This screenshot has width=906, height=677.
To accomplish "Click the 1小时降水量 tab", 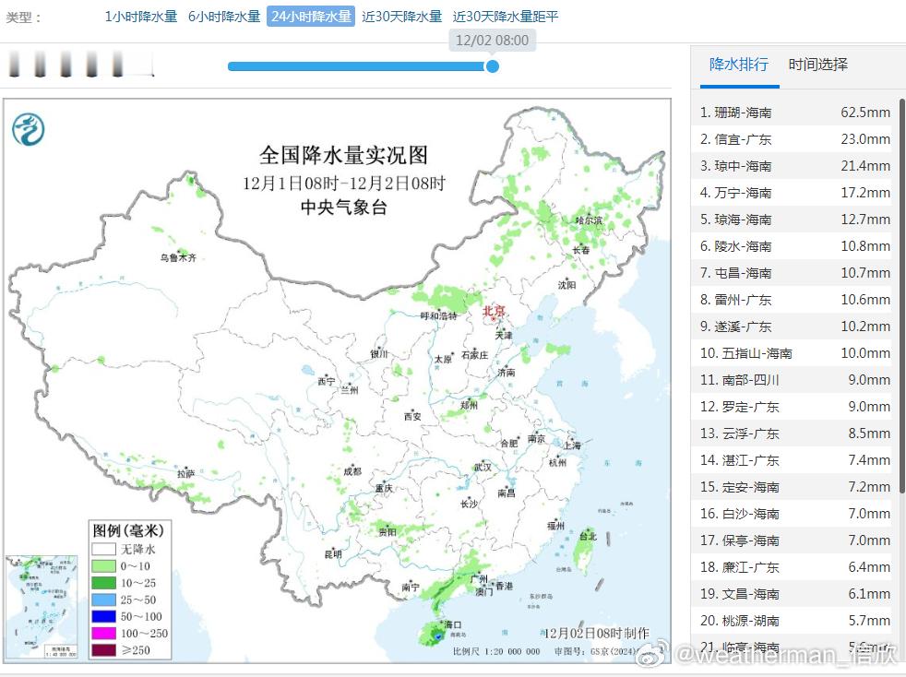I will click(x=140, y=17).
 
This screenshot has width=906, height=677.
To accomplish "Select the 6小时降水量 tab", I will click(x=224, y=17).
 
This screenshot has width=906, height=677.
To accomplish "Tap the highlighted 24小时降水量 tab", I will click(x=311, y=17).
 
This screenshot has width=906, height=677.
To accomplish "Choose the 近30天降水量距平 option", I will click(x=505, y=17).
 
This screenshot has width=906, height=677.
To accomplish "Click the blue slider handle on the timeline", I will click(x=492, y=66).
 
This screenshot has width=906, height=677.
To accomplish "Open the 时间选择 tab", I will click(x=817, y=65).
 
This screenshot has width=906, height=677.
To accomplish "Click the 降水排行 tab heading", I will click(x=738, y=65).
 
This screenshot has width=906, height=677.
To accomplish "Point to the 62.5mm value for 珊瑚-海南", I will click(x=864, y=113).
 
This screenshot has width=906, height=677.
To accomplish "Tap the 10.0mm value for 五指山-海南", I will click(x=864, y=353).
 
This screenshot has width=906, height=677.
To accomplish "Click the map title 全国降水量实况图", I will click(x=343, y=154).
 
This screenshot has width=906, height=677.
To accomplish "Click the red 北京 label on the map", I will click(x=495, y=312).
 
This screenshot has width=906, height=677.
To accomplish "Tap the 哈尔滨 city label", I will click(x=588, y=221).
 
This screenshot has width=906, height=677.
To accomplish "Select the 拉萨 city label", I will click(x=186, y=474).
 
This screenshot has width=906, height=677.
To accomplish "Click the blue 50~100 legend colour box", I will click(x=102, y=616).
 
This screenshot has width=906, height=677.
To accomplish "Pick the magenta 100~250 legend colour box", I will click(x=102, y=633).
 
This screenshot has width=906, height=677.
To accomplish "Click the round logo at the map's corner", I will click(x=29, y=127).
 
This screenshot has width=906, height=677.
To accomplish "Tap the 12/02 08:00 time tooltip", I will click(x=492, y=41).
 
